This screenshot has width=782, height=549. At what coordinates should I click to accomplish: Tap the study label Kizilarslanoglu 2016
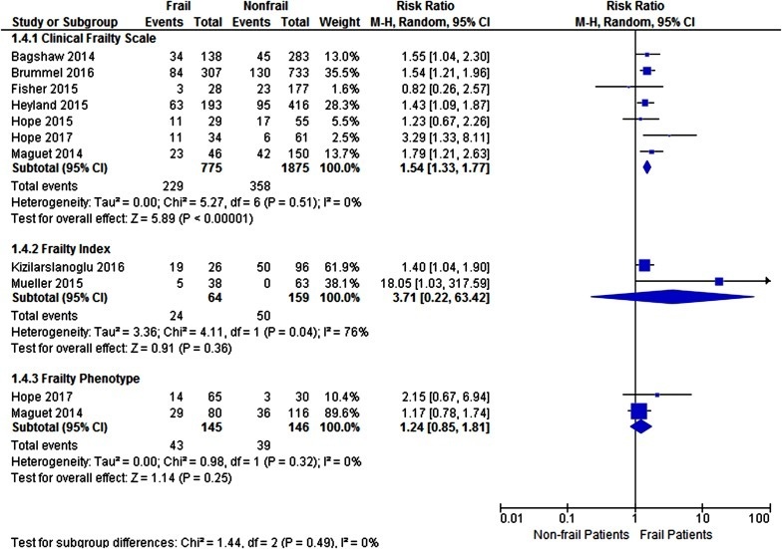(x=58, y=266)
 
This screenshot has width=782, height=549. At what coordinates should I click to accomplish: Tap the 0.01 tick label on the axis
(x=510, y=518)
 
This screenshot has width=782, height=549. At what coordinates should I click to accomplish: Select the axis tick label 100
(x=762, y=518)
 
